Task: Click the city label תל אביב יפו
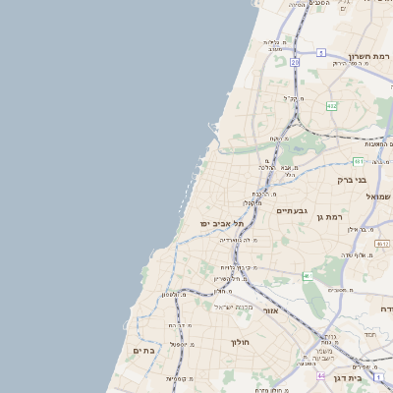tap(223, 225)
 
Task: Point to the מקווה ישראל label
tap(233, 307)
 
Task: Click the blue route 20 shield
tap(295, 62)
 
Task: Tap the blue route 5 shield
tap(320, 52)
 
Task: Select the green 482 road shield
tap(332, 106)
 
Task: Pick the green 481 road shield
tap(360, 161)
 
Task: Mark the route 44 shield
tap(320, 375)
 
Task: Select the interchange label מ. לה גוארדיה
tap(240, 240)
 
